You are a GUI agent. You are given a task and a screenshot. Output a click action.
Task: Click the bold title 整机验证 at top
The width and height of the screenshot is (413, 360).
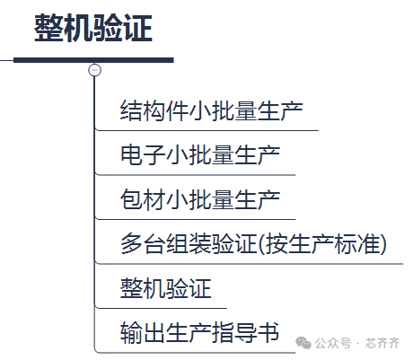click(x=93, y=28)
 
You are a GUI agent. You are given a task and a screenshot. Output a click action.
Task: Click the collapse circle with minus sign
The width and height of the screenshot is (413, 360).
click(x=95, y=70)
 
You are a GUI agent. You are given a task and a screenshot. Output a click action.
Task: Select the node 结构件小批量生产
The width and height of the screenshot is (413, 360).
click(x=211, y=110)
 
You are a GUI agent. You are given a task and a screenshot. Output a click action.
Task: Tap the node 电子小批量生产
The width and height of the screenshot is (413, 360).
click(x=200, y=155)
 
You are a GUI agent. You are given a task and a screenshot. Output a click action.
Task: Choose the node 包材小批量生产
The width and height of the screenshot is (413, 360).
click(x=200, y=199)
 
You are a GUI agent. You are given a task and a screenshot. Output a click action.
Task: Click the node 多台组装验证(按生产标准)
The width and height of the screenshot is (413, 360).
click(x=253, y=243)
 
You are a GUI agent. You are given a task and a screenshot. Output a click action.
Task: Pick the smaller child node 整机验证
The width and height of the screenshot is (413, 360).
click(x=165, y=288)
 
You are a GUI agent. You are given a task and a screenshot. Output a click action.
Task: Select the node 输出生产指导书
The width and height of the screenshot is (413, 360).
click(x=199, y=332)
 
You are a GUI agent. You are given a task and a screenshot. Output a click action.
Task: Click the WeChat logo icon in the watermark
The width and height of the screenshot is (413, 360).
click(x=303, y=343)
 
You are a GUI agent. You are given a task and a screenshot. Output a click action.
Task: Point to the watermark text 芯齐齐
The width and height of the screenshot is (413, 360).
click(x=382, y=343)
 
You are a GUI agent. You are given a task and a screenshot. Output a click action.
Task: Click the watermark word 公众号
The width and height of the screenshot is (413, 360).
click(x=333, y=343)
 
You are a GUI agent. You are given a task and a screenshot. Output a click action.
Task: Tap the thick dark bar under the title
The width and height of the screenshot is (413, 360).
click(x=93, y=60)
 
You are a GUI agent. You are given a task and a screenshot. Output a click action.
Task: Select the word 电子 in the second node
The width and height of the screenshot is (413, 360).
click(x=143, y=155)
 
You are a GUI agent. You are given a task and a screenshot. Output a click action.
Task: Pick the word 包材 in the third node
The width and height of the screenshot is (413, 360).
click(x=143, y=199)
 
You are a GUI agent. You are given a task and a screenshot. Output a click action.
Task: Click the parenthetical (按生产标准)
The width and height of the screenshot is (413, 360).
click(x=322, y=243)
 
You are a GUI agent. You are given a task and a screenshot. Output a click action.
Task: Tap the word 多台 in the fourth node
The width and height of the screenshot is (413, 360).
click(x=143, y=243)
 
